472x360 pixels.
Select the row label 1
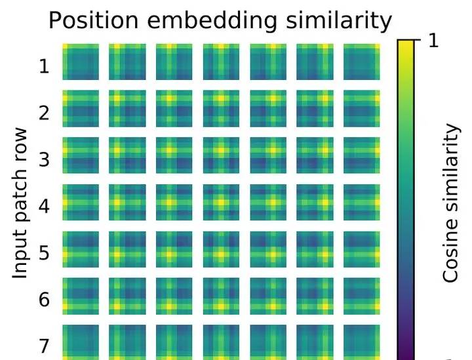click(x=45, y=66)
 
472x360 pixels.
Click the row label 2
click(x=45, y=113)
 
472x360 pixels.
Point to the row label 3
click(x=45, y=159)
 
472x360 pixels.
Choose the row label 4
click(x=45, y=206)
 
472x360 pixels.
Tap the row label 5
click(x=45, y=252)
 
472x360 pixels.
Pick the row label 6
click(x=45, y=299)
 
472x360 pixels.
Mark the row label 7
click(x=45, y=345)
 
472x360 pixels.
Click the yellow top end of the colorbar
click(x=406, y=45)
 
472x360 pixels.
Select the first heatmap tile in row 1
click(x=81, y=62)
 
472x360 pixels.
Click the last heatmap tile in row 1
click(x=362, y=62)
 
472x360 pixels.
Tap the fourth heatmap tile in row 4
click(x=222, y=202)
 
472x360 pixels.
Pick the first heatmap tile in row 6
click(x=81, y=295)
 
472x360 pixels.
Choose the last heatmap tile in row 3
click(x=362, y=155)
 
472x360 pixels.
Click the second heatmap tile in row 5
click(x=127, y=249)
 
